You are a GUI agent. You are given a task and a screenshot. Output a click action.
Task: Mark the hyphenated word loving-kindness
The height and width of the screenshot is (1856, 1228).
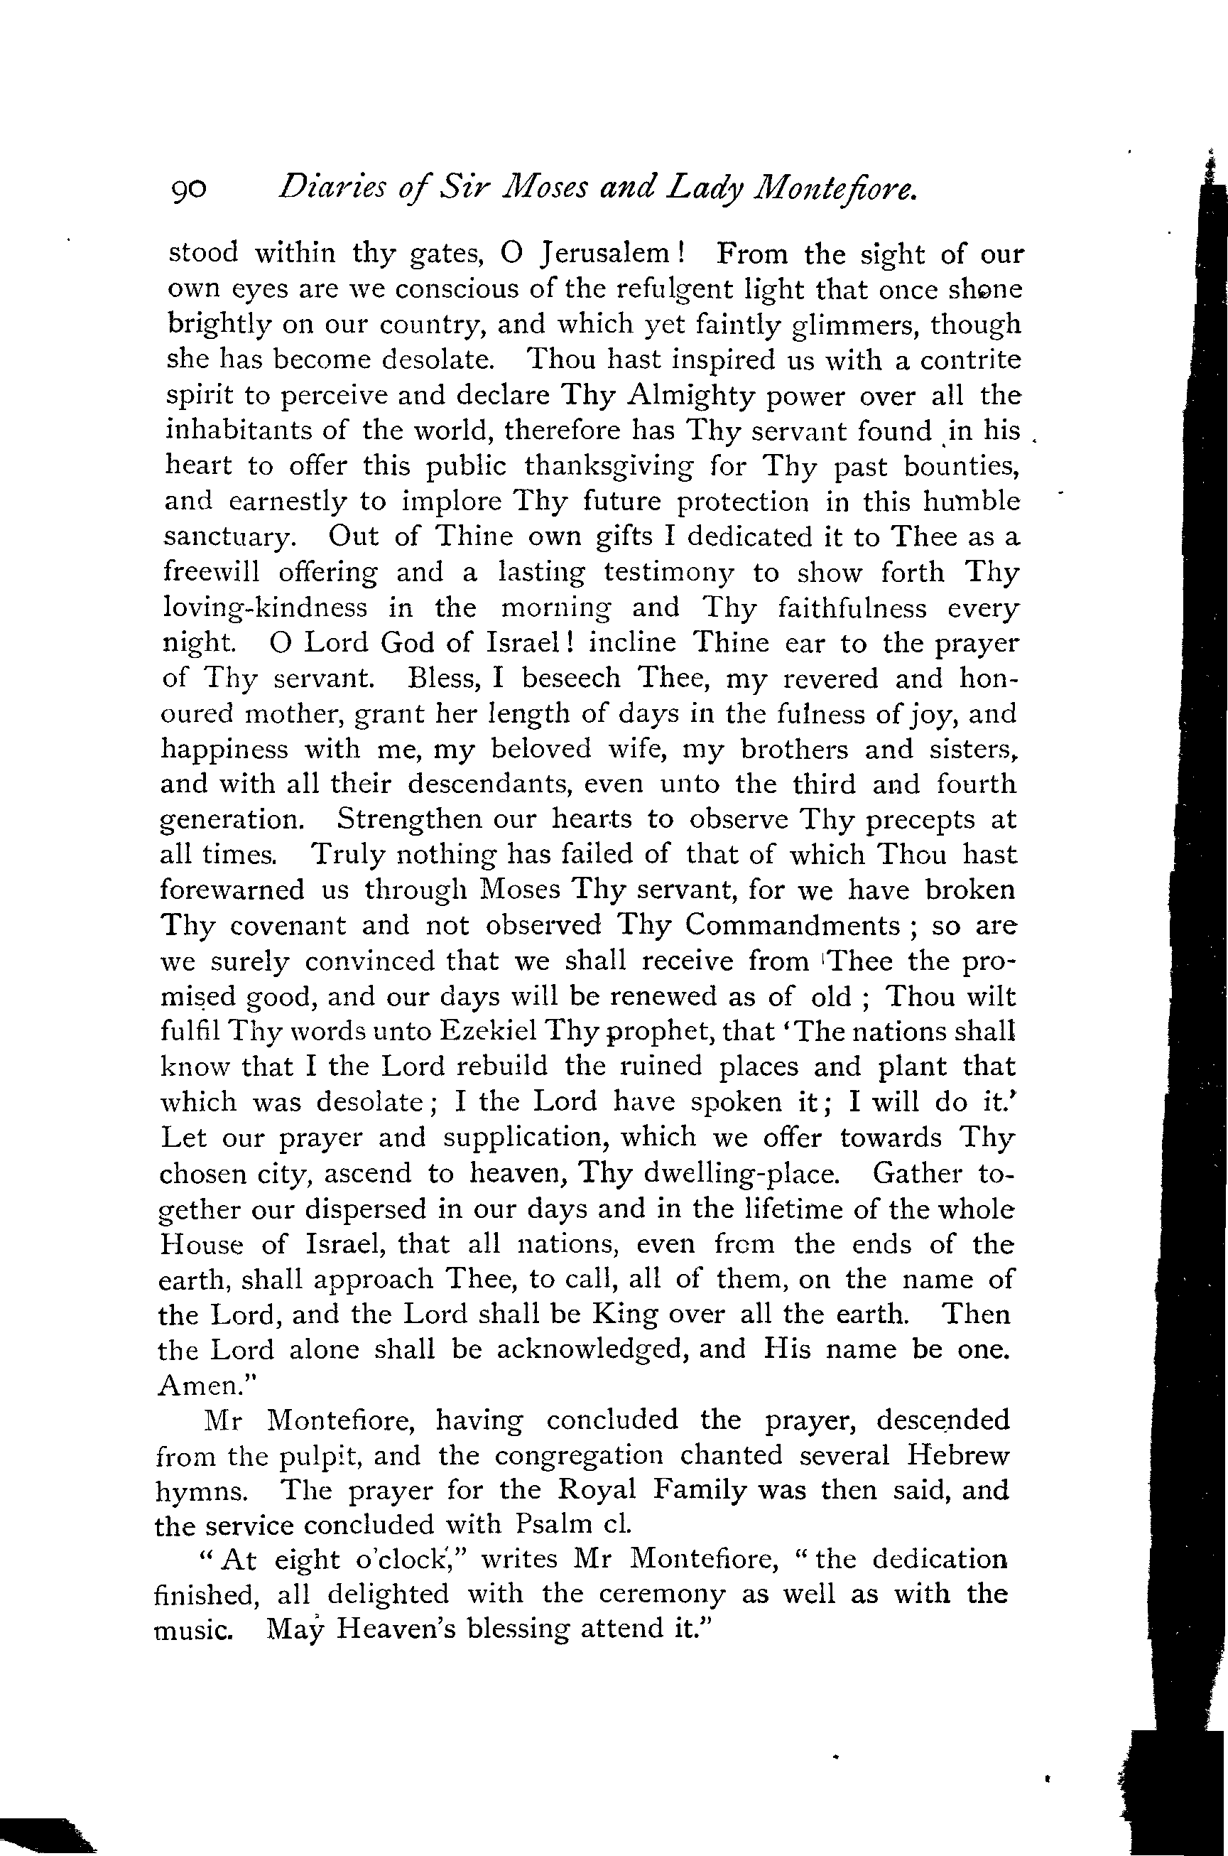coord(265,609)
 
